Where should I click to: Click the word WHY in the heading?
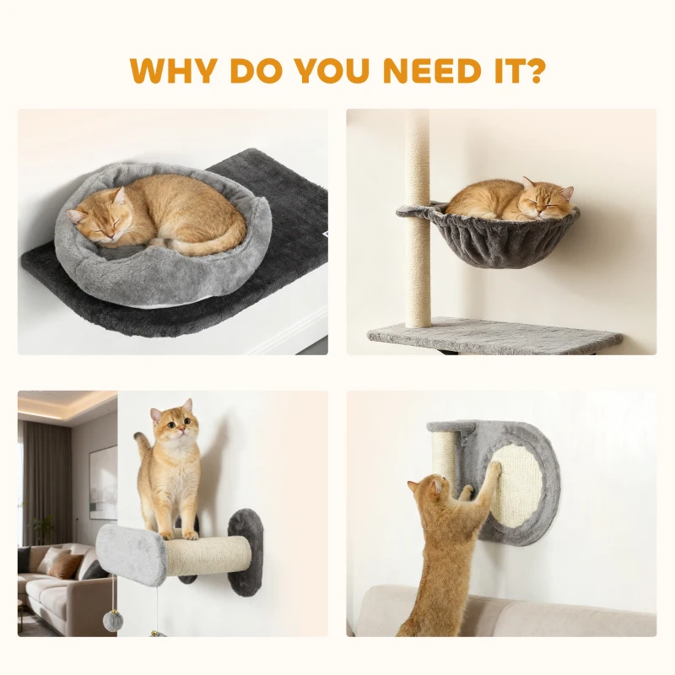(x=172, y=70)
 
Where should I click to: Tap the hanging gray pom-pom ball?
(x=113, y=622)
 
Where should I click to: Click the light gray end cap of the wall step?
(x=132, y=553)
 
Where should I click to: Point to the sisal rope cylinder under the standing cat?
(x=207, y=557)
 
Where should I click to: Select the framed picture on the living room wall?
(x=103, y=482)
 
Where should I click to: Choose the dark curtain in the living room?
(x=40, y=481)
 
